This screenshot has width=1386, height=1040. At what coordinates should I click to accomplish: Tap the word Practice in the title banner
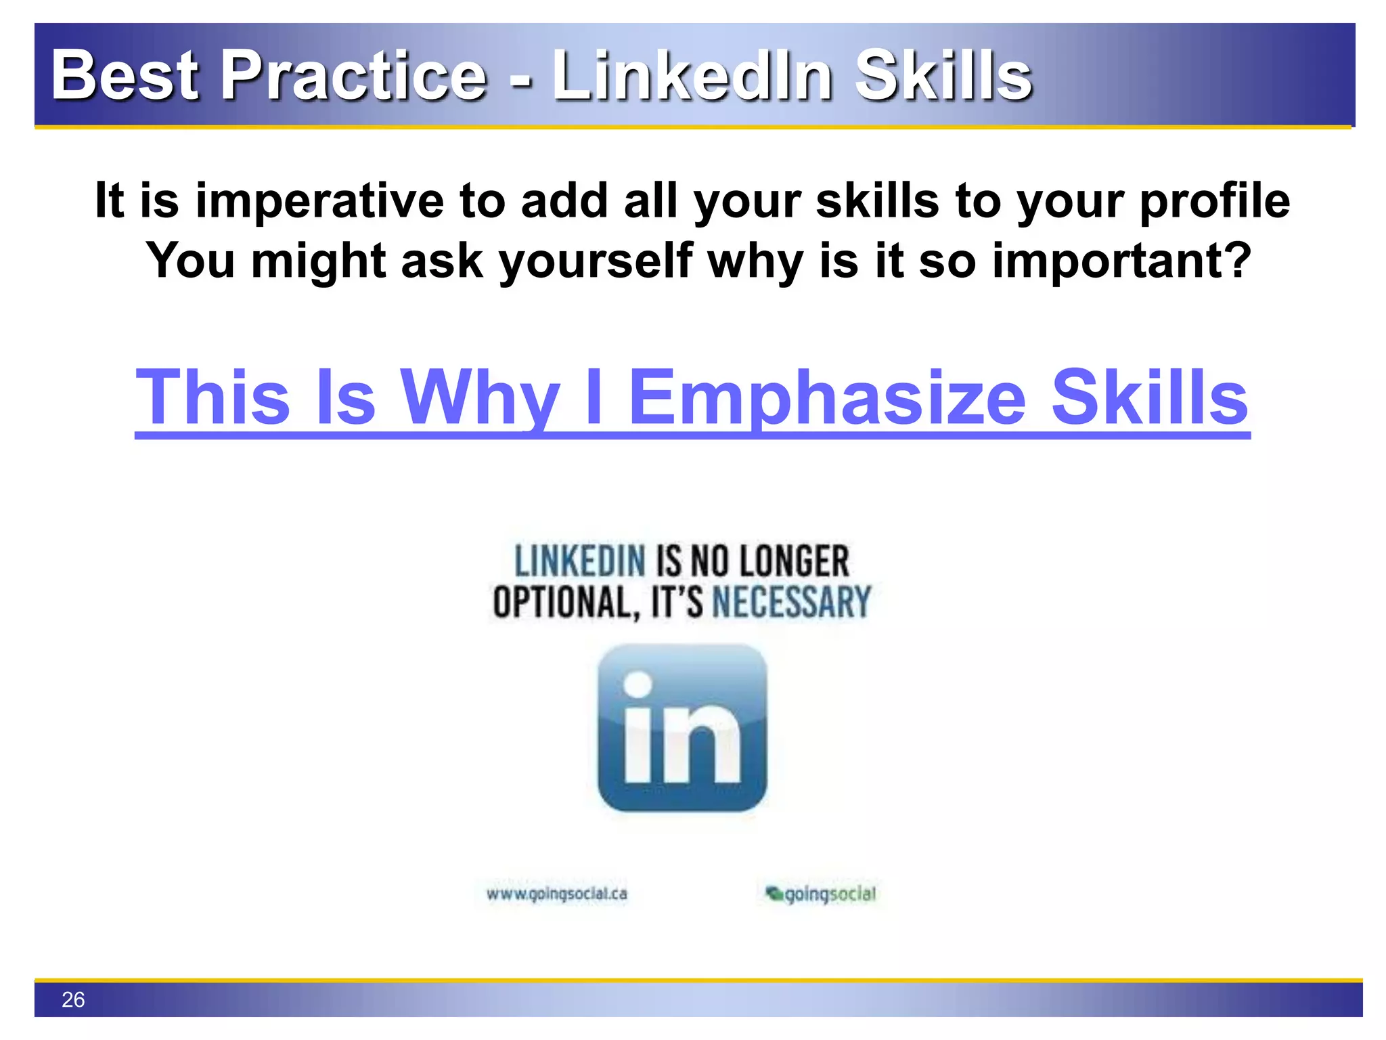pos(354,76)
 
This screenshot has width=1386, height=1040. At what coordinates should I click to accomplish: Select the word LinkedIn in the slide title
pos(692,76)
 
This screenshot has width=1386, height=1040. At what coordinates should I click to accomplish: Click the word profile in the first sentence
pos(1214,201)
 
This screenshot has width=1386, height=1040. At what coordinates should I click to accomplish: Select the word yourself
pos(596,261)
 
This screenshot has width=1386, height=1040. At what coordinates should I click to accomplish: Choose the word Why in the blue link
pos(480,398)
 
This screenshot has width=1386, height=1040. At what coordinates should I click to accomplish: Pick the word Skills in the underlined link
pos(1149,398)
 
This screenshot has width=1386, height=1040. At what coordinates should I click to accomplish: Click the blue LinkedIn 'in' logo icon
pos(682,728)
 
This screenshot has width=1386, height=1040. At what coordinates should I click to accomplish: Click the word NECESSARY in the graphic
pos(791,601)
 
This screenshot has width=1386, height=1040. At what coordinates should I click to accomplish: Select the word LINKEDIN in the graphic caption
pos(580,561)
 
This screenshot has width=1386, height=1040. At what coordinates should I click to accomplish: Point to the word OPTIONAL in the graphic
pos(565,601)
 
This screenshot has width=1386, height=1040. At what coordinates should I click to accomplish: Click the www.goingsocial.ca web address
pos(556,894)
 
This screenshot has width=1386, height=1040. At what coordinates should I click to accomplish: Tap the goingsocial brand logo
pos(820,894)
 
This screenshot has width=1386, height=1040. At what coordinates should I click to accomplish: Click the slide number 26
pos(73,999)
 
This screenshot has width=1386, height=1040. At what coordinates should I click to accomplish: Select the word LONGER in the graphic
pos(794,561)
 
